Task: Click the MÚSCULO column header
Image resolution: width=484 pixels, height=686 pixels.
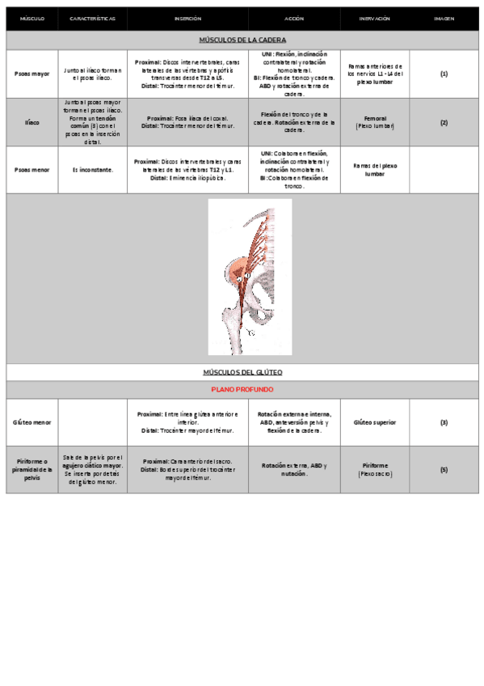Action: point(32,18)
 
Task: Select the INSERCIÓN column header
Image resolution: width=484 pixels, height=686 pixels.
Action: point(187,18)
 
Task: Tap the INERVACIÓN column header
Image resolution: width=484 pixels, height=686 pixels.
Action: point(374,18)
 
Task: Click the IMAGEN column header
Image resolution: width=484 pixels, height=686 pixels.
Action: point(444,18)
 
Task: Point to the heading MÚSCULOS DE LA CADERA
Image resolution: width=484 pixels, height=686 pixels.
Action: point(242,40)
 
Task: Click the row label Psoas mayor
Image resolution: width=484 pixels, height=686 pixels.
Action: point(32,74)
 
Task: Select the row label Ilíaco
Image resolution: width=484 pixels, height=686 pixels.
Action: point(32,122)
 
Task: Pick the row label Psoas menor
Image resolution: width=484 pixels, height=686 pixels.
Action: point(32,170)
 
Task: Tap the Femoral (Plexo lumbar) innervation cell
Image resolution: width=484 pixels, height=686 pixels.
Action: point(374,122)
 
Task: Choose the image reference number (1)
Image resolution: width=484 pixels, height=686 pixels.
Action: point(444,74)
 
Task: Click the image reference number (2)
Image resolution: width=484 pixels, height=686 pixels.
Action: point(444,122)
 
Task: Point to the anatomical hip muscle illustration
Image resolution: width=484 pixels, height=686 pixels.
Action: point(250,277)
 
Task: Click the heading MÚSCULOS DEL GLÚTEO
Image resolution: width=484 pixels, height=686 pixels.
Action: point(242,372)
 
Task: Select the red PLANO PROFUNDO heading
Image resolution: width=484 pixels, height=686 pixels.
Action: point(242,389)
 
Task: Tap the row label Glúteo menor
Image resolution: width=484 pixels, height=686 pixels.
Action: point(32,422)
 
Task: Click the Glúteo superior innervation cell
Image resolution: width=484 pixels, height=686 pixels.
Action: point(374,422)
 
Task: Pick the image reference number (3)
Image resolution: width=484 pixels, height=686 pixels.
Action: point(444,422)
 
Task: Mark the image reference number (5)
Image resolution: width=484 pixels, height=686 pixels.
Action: point(444,469)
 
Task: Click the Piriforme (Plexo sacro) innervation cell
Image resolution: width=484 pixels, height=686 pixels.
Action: point(374,469)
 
